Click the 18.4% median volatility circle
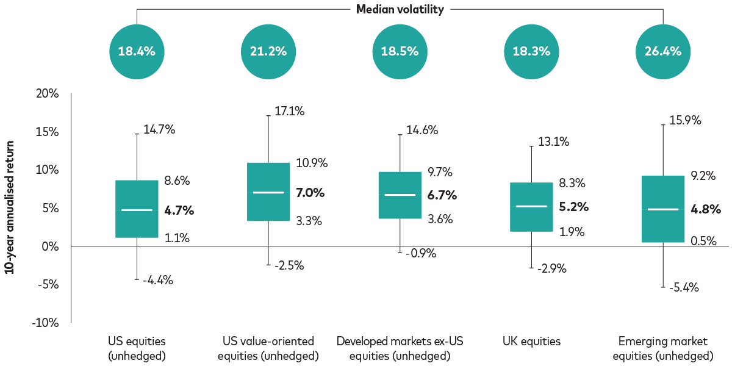[x=137, y=51]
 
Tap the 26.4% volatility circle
[x=662, y=51]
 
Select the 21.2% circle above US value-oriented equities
[x=268, y=51]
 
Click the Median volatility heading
[x=400, y=9]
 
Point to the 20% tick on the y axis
[x=47, y=94]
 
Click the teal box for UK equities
[x=531, y=207]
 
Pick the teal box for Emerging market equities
[x=662, y=209]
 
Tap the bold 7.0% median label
[x=310, y=193]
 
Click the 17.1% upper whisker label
[x=290, y=112]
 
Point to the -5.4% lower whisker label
[x=684, y=287]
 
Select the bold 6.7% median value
[x=442, y=195]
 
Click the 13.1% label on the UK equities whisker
[x=553, y=142]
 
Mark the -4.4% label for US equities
[x=158, y=281]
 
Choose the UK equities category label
[x=531, y=342]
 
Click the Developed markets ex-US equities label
[x=400, y=348]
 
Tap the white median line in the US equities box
[x=137, y=210]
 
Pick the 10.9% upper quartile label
[x=312, y=163]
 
